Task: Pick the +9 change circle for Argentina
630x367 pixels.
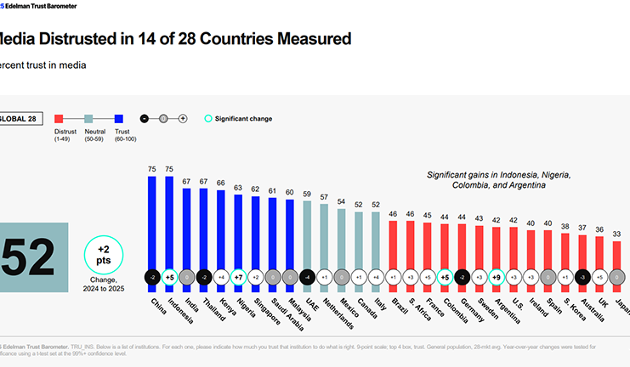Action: pos(497,277)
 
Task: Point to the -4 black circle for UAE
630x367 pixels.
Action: pos(305,277)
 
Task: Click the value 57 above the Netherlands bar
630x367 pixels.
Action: pos(323,197)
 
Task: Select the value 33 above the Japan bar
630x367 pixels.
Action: pos(618,234)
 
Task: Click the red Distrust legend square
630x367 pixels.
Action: pos(60,119)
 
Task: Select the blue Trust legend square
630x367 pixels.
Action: pos(120,119)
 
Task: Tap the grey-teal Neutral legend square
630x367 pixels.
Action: pos(89,119)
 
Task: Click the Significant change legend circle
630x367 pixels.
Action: pos(208,119)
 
